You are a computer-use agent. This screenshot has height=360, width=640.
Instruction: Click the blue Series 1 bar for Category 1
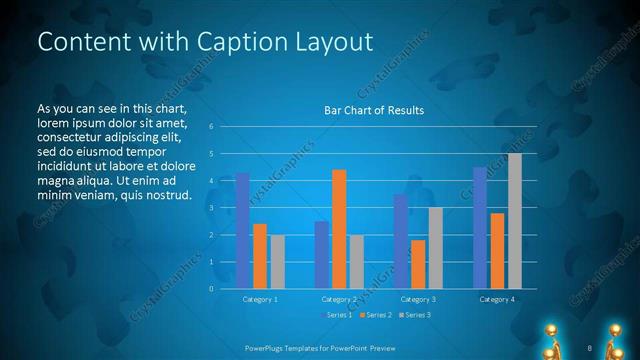click(242, 230)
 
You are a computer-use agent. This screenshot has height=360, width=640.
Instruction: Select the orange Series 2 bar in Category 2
click(339, 229)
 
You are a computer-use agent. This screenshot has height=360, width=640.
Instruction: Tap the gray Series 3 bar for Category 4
click(515, 221)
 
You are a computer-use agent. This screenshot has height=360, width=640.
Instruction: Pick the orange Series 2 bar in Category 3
click(417, 264)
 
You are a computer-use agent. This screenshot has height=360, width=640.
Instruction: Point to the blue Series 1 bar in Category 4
click(480, 228)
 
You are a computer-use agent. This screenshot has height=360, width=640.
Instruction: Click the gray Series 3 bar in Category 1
click(277, 262)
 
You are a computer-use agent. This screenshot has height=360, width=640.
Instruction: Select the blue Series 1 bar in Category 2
click(321, 255)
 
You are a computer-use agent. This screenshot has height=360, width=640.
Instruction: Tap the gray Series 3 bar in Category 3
click(435, 248)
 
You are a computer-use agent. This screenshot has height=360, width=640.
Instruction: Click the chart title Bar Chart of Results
click(374, 110)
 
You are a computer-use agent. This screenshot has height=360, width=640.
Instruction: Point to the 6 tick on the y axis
click(211, 127)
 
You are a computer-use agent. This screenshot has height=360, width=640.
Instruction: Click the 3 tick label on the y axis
click(211, 208)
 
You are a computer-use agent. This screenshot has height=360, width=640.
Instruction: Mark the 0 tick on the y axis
click(211, 289)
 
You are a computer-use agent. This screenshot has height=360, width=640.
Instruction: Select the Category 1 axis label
click(260, 299)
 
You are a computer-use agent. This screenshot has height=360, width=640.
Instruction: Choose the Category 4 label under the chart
click(497, 299)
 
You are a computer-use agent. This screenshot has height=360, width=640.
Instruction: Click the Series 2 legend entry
click(373, 315)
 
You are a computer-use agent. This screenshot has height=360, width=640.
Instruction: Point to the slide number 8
click(590, 347)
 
